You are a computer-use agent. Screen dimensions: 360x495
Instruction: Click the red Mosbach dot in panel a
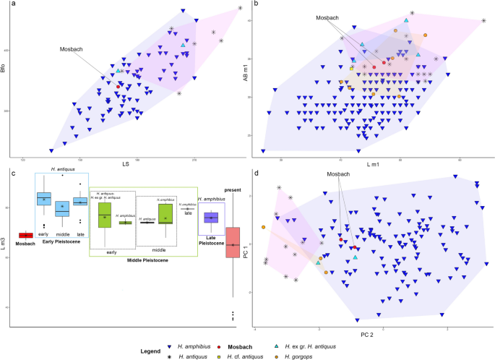[119, 86]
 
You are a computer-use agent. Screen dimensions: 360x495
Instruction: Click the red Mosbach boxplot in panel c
[25, 234]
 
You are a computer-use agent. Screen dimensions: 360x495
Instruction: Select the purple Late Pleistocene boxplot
[211, 218]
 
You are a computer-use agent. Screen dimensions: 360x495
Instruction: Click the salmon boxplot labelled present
[233, 246]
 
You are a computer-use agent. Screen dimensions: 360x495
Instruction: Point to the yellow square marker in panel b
[352, 68]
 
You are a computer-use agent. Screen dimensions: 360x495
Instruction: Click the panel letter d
[257, 172]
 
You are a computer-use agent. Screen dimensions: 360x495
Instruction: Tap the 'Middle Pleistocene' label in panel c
[143, 260]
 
